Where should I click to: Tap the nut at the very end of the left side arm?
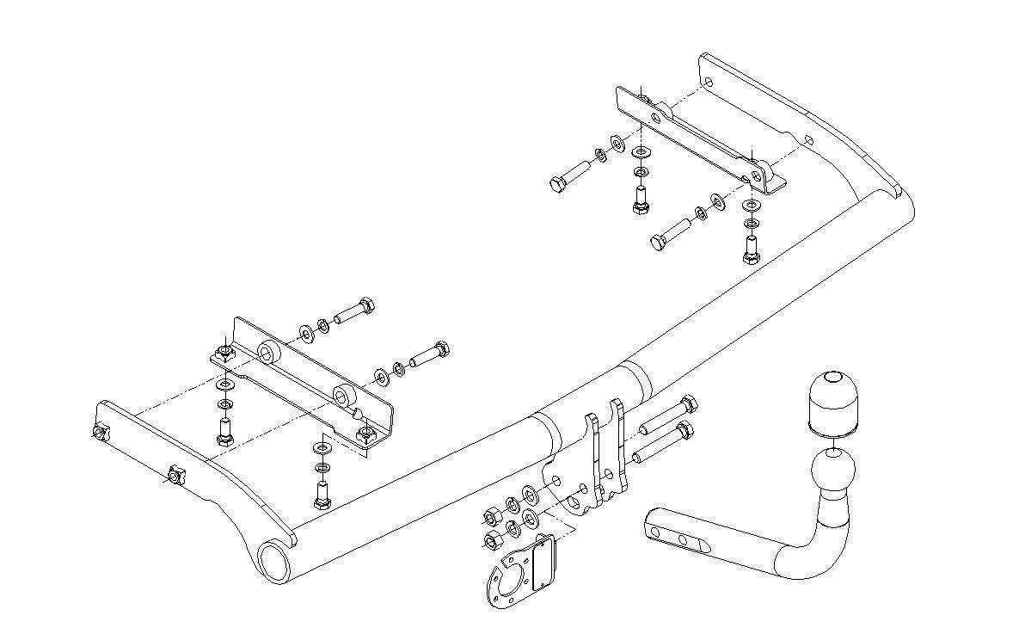pos(101,433)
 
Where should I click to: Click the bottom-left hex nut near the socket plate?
pos(494,538)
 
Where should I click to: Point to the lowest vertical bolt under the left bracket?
pos(322,496)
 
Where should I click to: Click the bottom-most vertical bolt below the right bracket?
pos(751,249)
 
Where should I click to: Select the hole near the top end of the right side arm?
pos(708,83)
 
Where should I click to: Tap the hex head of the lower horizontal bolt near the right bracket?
pos(658,243)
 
